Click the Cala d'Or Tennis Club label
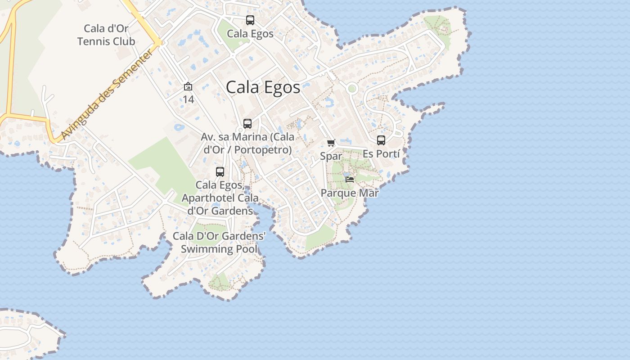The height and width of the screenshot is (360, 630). [x=106, y=35]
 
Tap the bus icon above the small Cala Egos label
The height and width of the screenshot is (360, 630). [x=250, y=20]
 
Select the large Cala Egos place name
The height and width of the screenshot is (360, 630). [x=263, y=87]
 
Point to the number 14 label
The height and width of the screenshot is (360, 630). [x=188, y=99]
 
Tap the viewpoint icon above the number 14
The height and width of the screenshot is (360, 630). [x=188, y=86]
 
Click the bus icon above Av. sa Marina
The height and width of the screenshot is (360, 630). [x=247, y=124]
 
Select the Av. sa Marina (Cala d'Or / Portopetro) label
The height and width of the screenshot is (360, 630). [x=247, y=143]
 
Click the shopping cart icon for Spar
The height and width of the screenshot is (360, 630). [x=331, y=143]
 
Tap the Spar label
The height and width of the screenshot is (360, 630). [x=331, y=156]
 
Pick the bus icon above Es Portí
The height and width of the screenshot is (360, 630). [x=381, y=140]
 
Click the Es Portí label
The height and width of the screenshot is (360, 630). [x=381, y=153]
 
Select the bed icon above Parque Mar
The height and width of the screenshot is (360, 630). [x=350, y=179]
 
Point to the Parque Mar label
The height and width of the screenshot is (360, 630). [x=350, y=193]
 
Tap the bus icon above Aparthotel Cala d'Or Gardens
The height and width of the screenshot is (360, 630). [x=220, y=171]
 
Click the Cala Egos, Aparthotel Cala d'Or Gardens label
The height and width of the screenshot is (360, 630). [x=220, y=198]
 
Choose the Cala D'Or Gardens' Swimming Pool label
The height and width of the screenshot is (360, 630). [x=219, y=243]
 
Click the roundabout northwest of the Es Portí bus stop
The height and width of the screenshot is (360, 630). [x=352, y=89]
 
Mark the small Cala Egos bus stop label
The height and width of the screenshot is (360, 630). [x=250, y=34]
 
